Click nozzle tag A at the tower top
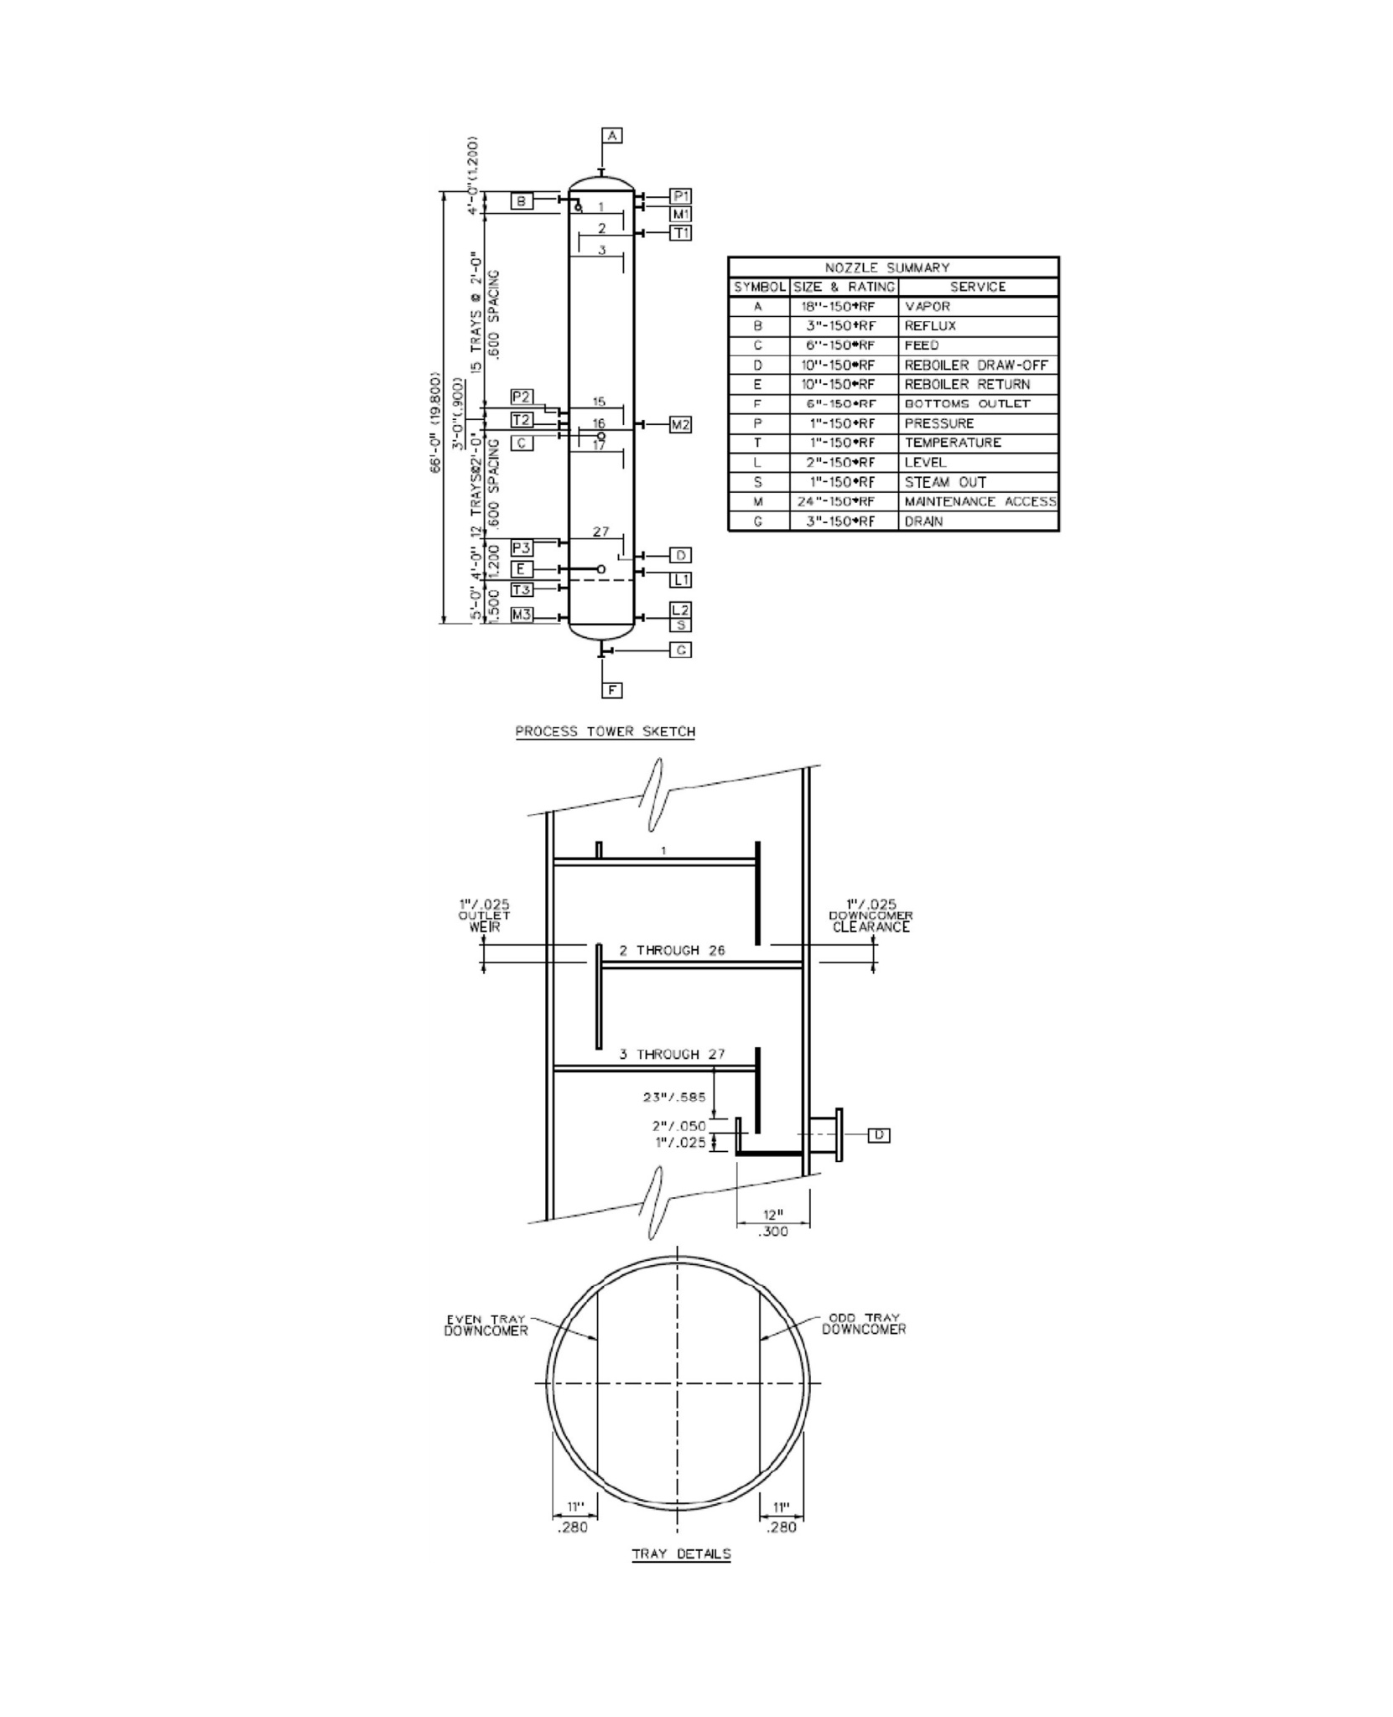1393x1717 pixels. coord(612,135)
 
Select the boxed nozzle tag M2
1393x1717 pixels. coord(680,425)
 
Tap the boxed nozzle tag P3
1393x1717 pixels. coord(522,547)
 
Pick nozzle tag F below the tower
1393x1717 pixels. coord(613,690)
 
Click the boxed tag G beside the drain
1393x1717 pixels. coord(680,650)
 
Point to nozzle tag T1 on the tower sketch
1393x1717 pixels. coord(680,232)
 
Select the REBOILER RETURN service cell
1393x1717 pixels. coord(967,385)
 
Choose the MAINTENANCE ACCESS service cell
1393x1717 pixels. coord(980,502)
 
